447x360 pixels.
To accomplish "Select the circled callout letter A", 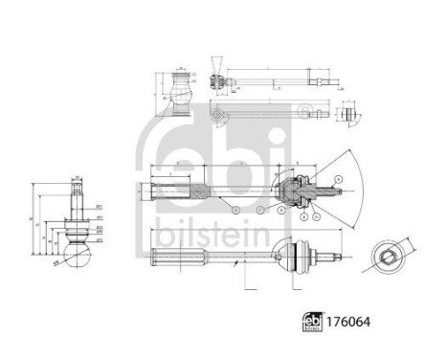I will click(x=336, y=179).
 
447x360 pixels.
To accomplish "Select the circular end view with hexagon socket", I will click(x=386, y=257).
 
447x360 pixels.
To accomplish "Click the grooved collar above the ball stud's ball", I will click(x=78, y=231).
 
